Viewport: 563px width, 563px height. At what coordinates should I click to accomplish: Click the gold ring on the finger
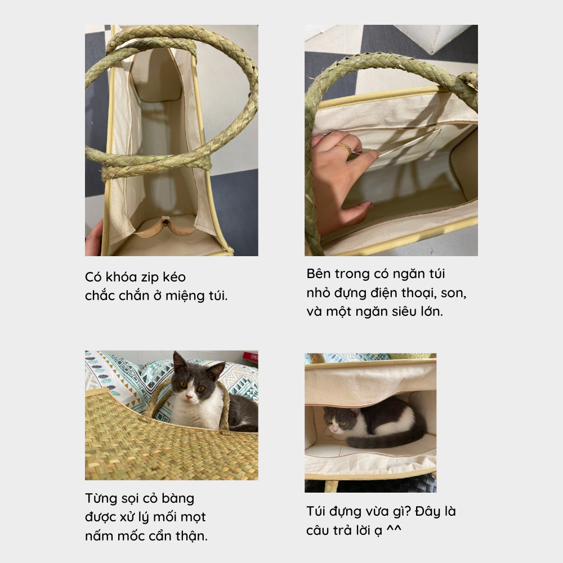click(345, 148)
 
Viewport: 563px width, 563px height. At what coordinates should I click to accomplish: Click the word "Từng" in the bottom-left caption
click(101, 499)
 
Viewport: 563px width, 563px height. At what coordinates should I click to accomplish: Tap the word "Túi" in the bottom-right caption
click(315, 511)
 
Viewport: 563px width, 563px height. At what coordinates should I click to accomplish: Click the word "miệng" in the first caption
click(184, 297)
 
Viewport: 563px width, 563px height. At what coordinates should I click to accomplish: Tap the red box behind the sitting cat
click(251, 358)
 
